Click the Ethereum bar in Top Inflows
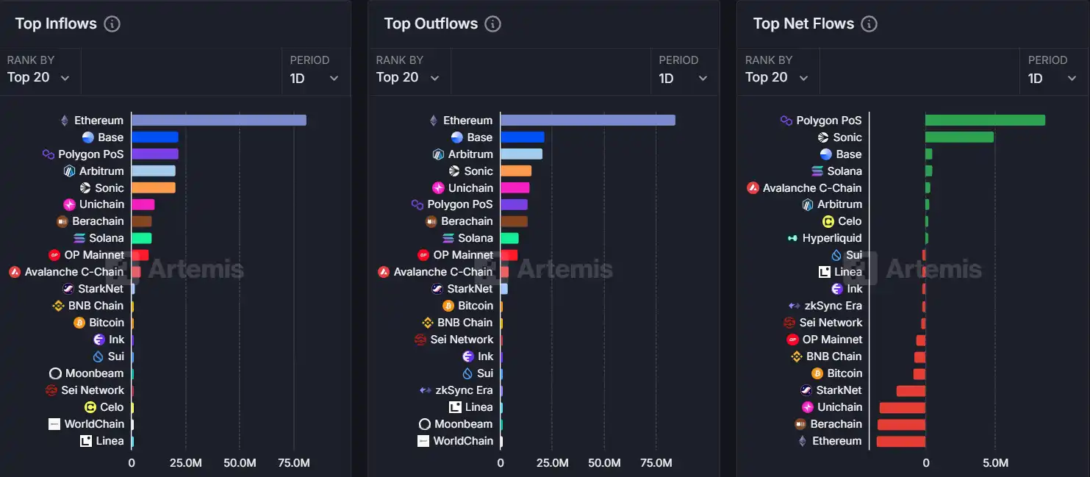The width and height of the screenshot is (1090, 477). [x=218, y=121]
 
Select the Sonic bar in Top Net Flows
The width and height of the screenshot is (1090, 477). [x=959, y=137]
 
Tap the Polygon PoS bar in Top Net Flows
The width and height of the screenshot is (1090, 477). [x=985, y=121]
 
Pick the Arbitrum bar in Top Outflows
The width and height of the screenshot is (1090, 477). [x=521, y=154]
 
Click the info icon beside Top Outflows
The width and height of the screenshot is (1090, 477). [x=493, y=24]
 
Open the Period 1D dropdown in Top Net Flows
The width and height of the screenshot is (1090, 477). [x=1053, y=78]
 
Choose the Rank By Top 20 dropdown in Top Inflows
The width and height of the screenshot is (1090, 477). [x=38, y=78]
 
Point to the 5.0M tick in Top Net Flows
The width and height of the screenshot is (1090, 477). [x=995, y=464]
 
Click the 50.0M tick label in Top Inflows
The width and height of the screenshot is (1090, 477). [x=240, y=464]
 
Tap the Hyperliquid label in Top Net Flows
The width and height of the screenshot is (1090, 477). [x=832, y=238]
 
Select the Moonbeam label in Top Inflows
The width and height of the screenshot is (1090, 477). [x=94, y=373]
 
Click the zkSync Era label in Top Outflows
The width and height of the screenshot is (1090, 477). [x=464, y=390]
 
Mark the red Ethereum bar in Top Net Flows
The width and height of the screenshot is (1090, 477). [x=900, y=441]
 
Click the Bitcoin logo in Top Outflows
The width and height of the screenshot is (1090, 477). [x=448, y=306]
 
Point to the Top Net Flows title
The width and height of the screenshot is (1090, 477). [x=803, y=24]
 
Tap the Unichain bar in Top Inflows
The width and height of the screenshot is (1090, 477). [x=143, y=204]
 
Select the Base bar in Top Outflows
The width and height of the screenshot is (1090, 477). [x=522, y=137]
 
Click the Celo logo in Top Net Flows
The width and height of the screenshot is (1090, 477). [x=828, y=221]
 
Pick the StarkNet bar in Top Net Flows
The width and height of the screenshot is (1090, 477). [x=911, y=390]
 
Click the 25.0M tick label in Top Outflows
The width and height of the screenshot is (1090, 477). [x=552, y=464]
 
